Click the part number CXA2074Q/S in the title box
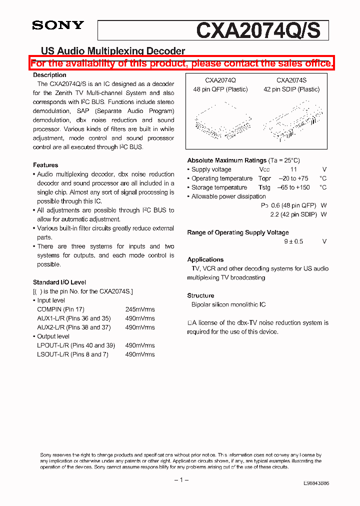pyautogui.click(x=257, y=30)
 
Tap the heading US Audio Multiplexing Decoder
pyautogui.click(x=112, y=51)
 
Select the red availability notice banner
pyautogui.click(x=181, y=63)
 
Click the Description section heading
pyautogui.click(x=49, y=75)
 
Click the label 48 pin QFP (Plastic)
pyautogui.click(x=220, y=89)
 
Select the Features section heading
pyautogui.click(x=45, y=165)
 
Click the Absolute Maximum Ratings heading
pyautogui.click(x=226, y=160)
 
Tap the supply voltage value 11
pyautogui.click(x=293, y=169)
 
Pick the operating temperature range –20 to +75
pyautogui.click(x=293, y=178)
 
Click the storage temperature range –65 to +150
pyautogui.click(x=293, y=187)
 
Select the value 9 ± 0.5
pyautogui.click(x=293, y=241)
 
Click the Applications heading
pyautogui.click(x=205, y=259)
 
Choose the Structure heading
pyautogui.click(x=200, y=295)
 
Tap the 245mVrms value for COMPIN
pyautogui.click(x=140, y=309)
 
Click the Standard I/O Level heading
pyautogui.click(x=59, y=282)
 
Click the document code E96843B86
pyautogui.click(x=316, y=484)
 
